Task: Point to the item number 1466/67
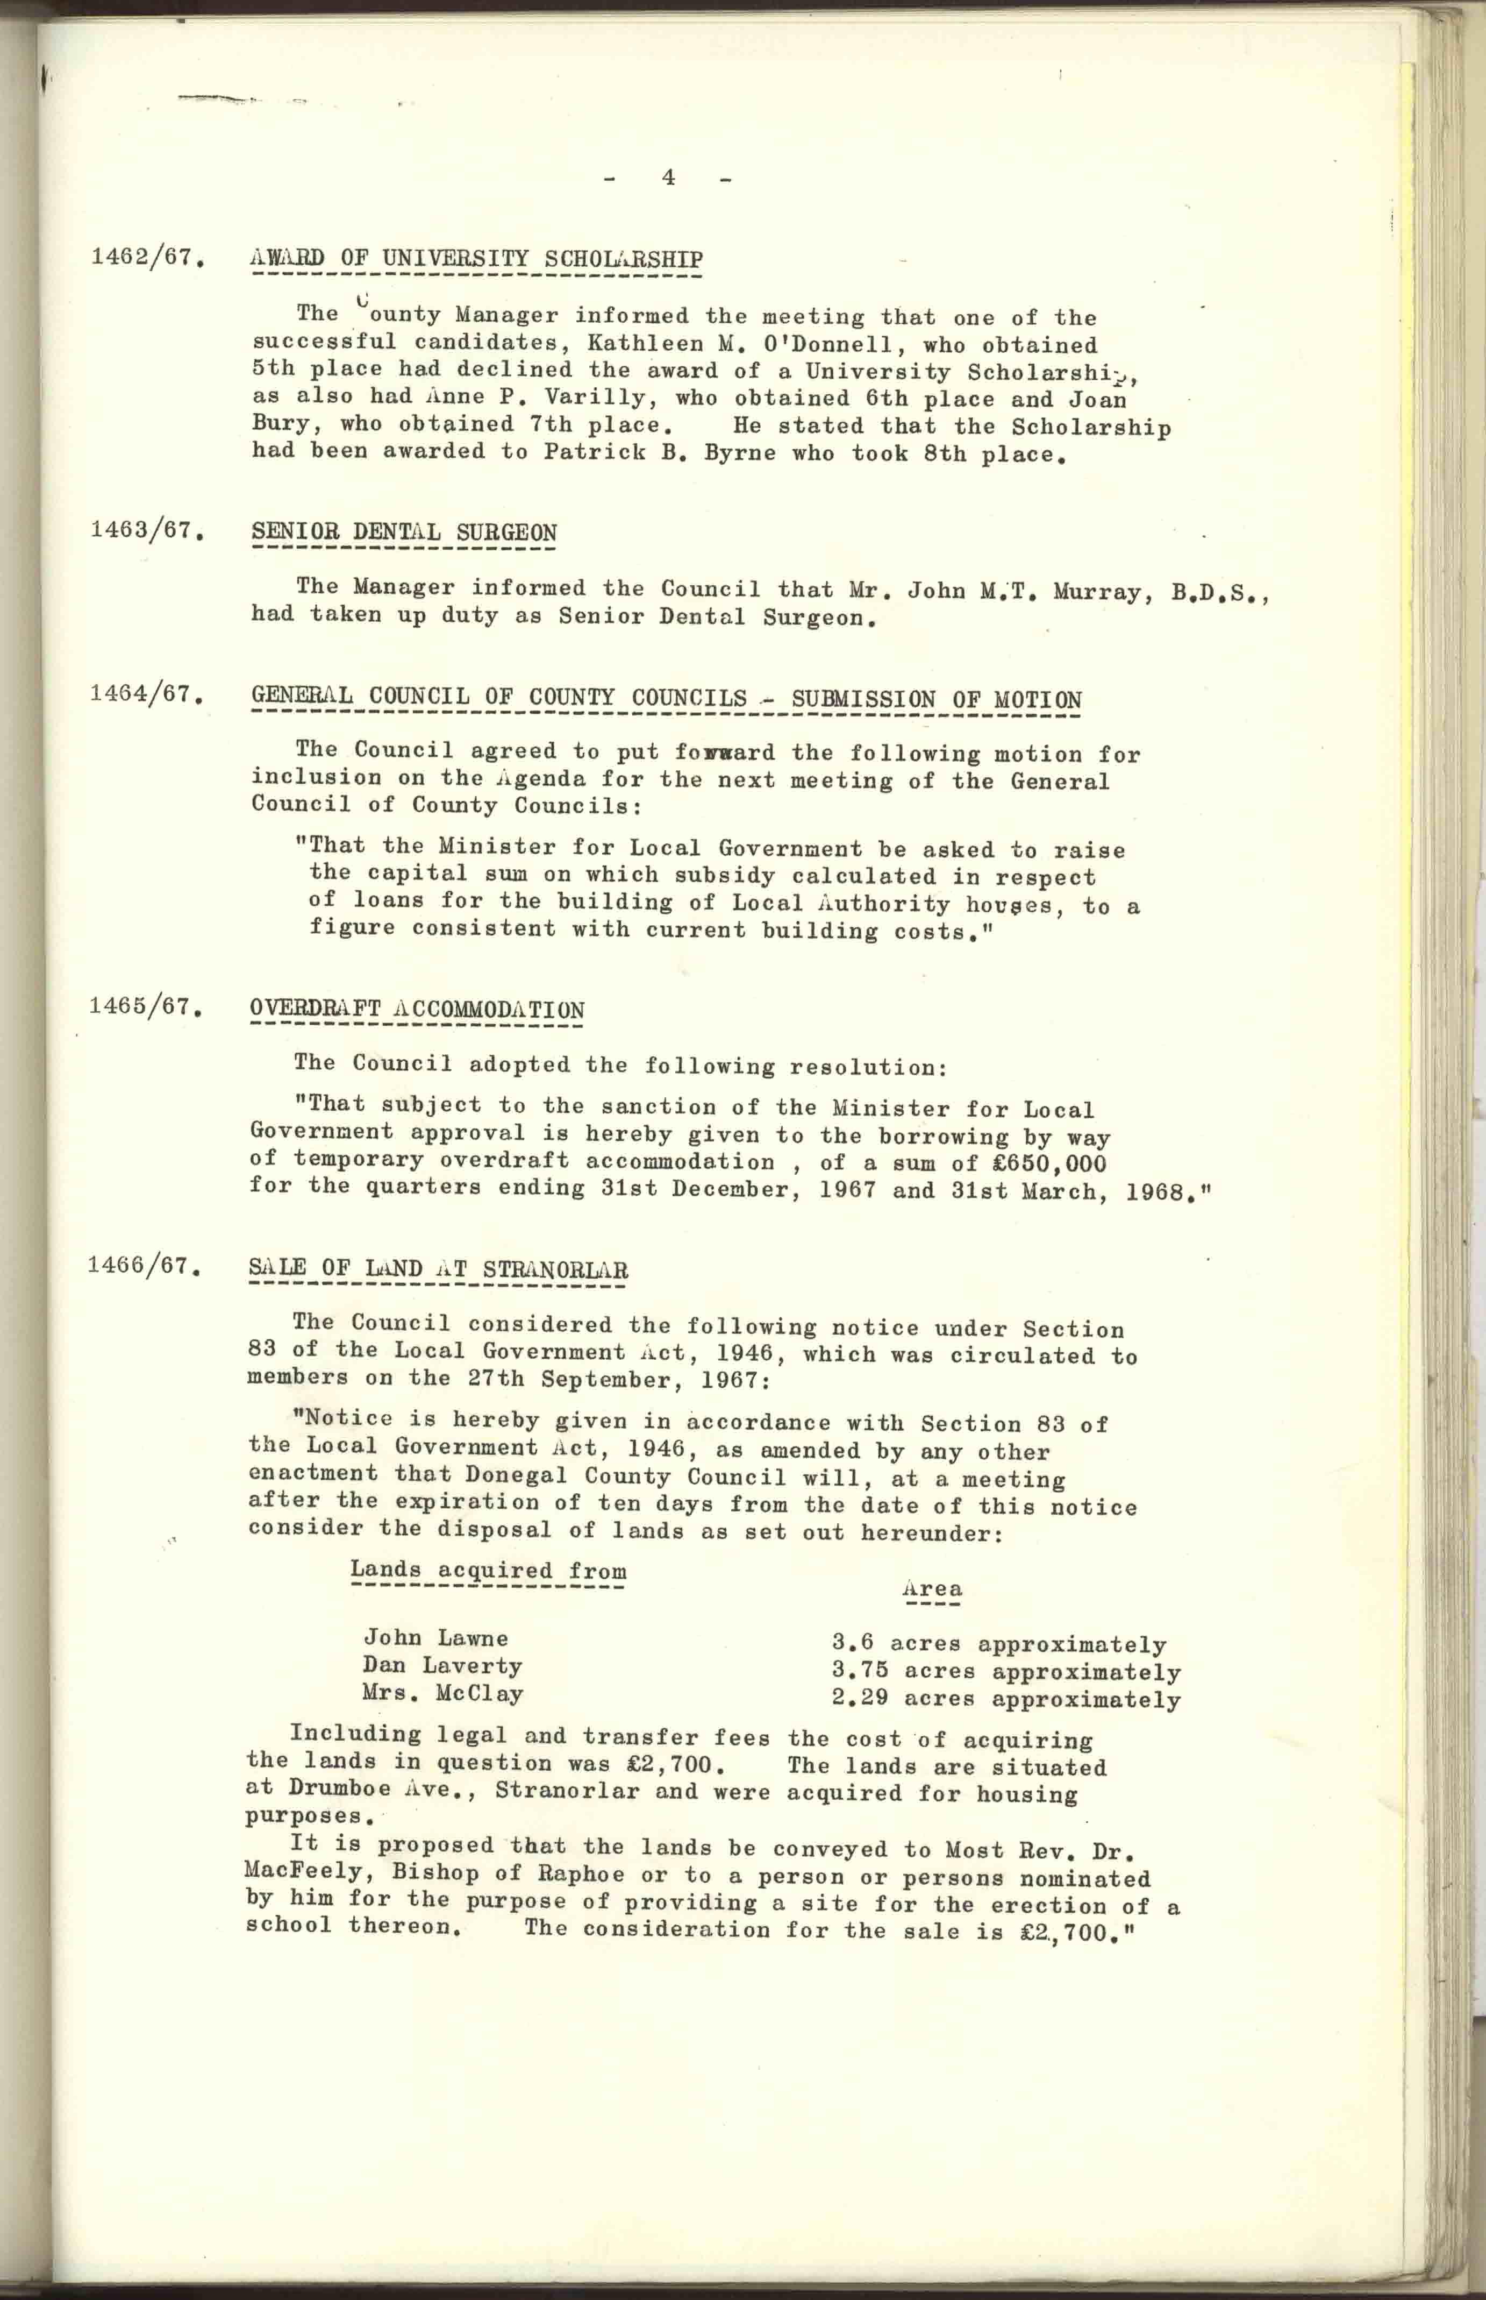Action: tap(143, 1266)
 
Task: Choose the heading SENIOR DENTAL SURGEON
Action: tap(403, 532)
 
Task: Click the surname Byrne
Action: tap(739, 453)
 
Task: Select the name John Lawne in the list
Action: tap(435, 1638)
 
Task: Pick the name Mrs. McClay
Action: tap(443, 1693)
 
